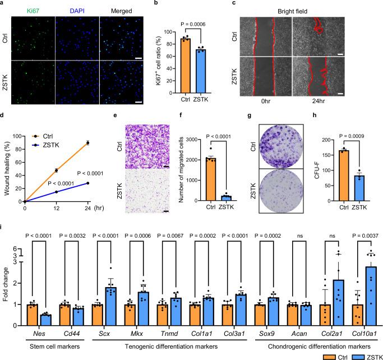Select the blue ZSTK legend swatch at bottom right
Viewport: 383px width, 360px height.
pyautogui.click(x=359, y=355)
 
